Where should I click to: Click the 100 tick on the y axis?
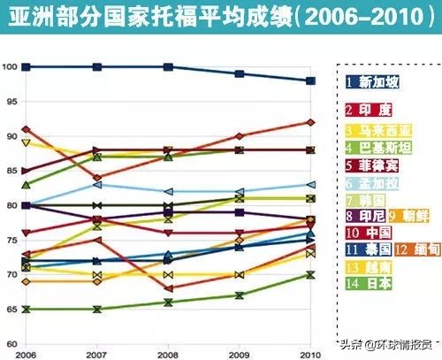10,67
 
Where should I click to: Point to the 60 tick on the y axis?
10,343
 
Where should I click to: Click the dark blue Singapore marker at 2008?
168,67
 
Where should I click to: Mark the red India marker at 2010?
309,122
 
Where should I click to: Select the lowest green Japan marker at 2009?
239,295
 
